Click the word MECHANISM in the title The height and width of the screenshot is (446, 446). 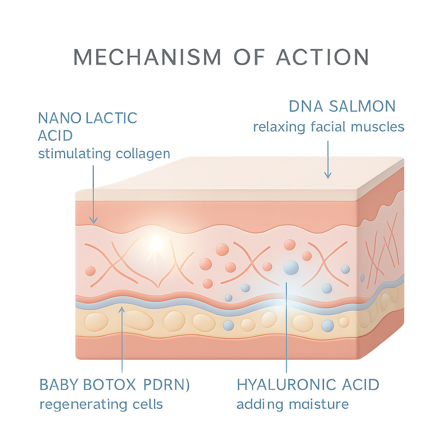pyautogui.click(x=147, y=57)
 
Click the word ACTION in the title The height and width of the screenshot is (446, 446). pyautogui.click(x=323, y=57)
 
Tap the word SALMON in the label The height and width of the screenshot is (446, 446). pyautogui.click(x=362, y=106)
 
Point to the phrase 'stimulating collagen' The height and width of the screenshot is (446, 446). pyautogui.click(x=104, y=154)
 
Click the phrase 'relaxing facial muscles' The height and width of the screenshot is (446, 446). pyautogui.click(x=329, y=127)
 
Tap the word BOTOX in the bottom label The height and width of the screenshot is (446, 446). pyautogui.click(x=109, y=385)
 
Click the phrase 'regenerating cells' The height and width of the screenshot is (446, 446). pyautogui.click(x=101, y=405)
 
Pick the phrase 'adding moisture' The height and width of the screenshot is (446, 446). pyautogui.click(x=293, y=404)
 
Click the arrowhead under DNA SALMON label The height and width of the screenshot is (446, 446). pyautogui.click(x=328, y=175)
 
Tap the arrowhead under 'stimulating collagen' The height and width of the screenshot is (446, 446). pyautogui.click(x=93, y=220)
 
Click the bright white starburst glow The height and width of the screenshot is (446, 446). pyautogui.click(x=155, y=243)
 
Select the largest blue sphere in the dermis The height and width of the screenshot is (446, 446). pyautogui.click(x=291, y=268)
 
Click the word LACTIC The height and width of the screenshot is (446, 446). pyautogui.click(x=111, y=118)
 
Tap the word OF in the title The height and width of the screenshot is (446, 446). pyautogui.click(x=249, y=57)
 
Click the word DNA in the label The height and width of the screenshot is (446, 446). pyautogui.click(x=306, y=106)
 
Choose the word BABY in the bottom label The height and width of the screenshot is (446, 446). pyautogui.click(x=59, y=385)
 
